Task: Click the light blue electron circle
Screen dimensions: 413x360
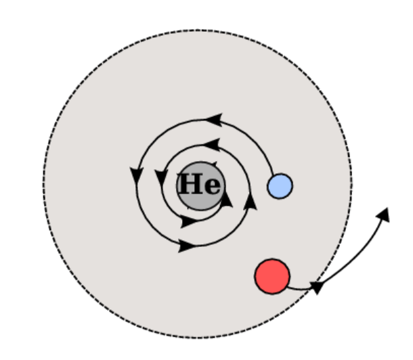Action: click(280, 185)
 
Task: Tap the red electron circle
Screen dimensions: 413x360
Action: click(272, 276)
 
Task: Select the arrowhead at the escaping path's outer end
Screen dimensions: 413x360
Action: click(384, 213)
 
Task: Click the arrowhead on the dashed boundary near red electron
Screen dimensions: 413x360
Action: click(316, 287)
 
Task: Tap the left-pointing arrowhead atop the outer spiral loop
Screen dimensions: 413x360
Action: click(213, 120)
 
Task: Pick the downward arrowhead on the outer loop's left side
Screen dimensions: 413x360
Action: click(136, 174)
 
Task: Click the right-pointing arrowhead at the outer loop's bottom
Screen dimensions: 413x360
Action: click(186, 246)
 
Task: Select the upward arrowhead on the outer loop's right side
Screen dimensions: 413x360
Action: click(251, 200)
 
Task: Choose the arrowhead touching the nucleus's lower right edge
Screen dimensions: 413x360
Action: click(227, 200)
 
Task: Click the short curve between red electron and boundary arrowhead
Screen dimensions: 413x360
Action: click(298, 288)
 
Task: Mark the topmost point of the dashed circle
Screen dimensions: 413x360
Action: click(198, 30)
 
